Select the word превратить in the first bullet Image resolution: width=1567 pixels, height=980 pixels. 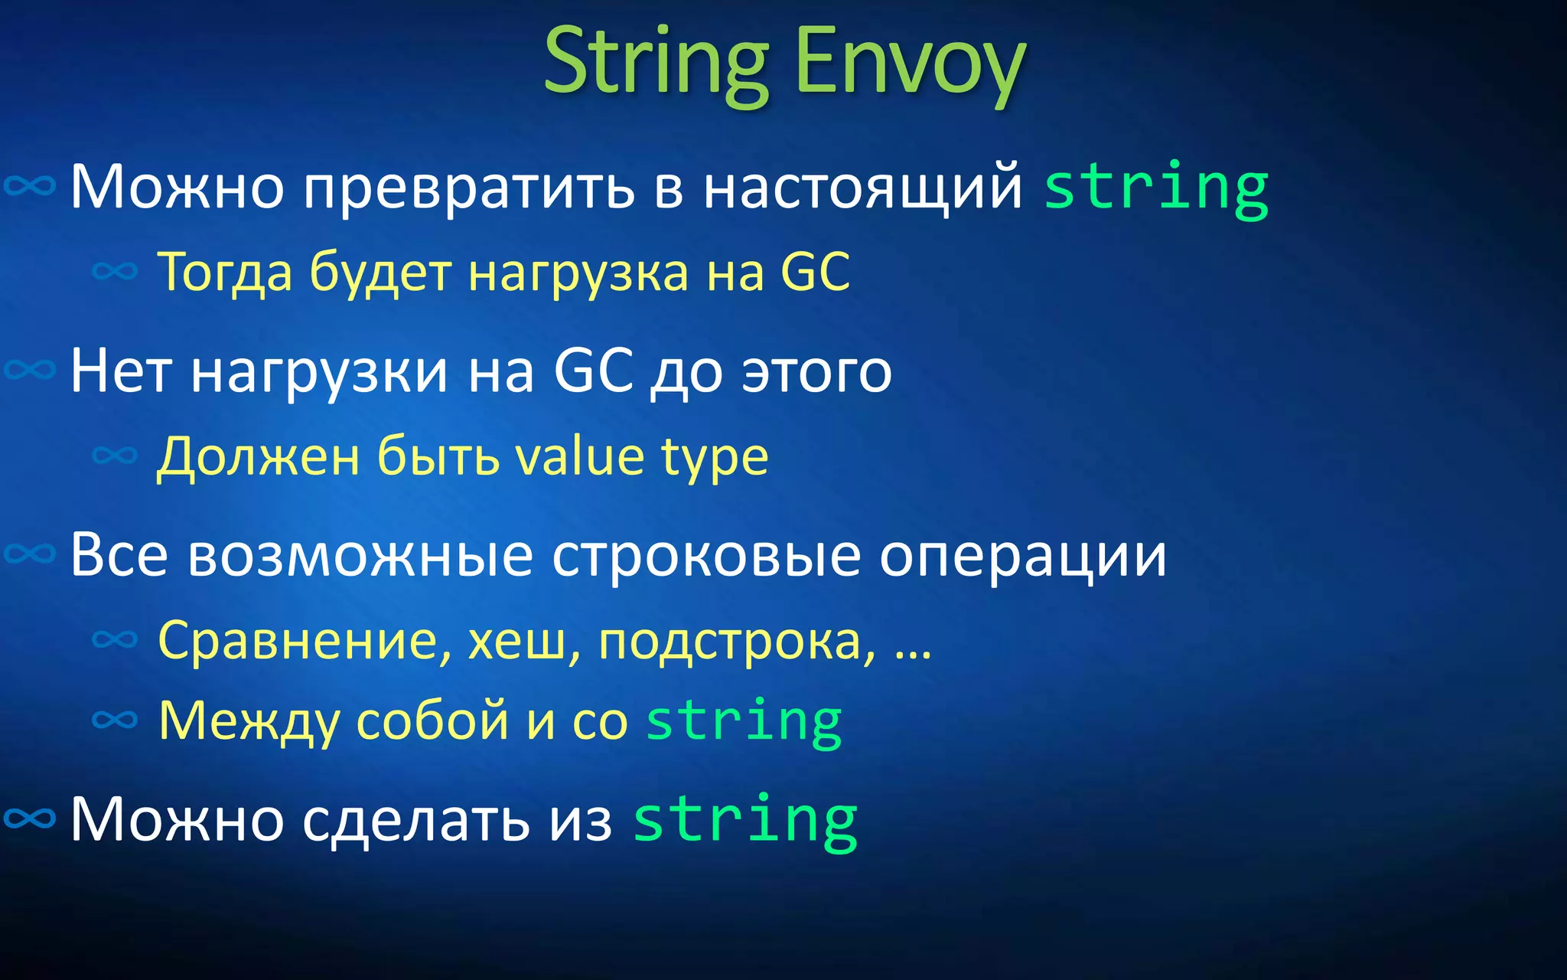pos(468,188)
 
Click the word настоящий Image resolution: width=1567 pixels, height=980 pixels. pos(862,188)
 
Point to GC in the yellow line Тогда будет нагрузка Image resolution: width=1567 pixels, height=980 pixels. pos(816,272)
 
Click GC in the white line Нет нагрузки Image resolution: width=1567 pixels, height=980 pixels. pos(593,372)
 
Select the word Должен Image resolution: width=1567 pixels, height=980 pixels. pos(258,458)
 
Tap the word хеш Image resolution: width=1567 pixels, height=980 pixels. pos(521,642)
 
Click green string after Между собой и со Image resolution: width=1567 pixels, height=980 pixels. pos(744,721)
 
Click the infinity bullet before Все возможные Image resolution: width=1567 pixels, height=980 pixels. pos(30,553)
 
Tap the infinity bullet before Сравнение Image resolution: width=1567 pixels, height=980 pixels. pos(115,639)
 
